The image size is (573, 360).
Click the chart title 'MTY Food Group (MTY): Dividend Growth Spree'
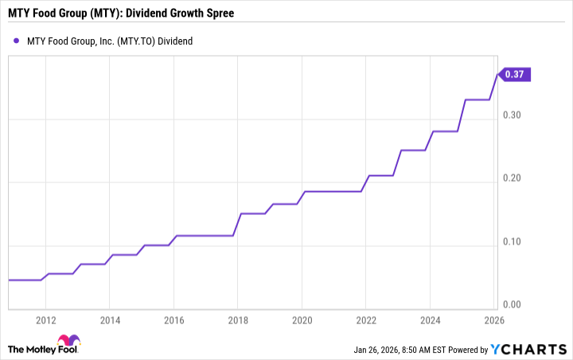coord(121,14)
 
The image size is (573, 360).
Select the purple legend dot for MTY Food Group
coord(17,40)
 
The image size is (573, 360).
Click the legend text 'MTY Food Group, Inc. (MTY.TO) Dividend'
coord(111,40)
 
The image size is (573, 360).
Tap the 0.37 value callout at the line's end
coord(516,74)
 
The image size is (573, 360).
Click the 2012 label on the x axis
coord(46,320)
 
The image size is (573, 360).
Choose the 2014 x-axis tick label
coord(110,320)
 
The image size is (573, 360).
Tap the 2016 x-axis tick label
coord(174,320)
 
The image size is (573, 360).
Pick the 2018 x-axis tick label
coord(238,320)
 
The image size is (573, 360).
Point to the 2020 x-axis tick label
coord(302,320)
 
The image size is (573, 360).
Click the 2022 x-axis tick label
coord(366,320)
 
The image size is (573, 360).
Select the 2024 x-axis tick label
coord(430,320)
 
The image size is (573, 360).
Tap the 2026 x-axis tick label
coord(493,320)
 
